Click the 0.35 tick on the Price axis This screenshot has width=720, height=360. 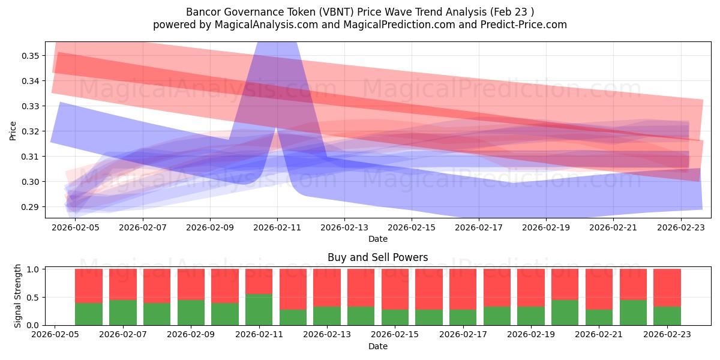point(30,56)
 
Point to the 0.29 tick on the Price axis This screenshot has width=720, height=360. point(30,207)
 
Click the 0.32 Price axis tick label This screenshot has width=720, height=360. point(30,131)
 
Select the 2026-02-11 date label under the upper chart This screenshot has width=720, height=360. point(277,228)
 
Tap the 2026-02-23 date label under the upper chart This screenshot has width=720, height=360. point(680,228)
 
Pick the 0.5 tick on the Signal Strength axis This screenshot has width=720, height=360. point(34,298)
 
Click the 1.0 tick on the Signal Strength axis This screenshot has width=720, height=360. point(34,269)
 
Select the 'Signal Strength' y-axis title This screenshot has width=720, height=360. point(18,296)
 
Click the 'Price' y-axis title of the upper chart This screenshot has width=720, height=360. point(13,130)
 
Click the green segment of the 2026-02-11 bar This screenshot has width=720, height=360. point(259,310)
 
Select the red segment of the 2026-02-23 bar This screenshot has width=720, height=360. point(667,287)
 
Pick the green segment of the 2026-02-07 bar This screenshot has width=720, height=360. point(123,313)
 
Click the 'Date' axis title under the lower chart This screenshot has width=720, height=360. point(377,346)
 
